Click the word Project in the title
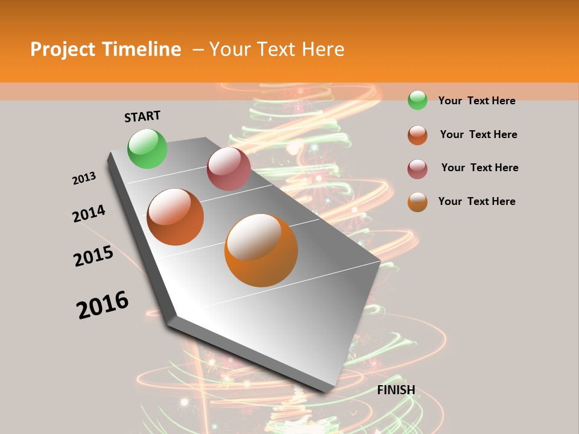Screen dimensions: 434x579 pos(63,50)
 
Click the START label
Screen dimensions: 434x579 pos(142,116)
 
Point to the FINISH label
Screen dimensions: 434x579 pos(396,390)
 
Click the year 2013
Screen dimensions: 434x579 pos(84,178)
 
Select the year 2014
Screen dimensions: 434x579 pos(89,213)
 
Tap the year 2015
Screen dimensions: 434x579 pos(93,256)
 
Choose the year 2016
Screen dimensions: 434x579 pos(103,305)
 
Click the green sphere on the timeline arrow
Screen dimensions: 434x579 pos(147,148)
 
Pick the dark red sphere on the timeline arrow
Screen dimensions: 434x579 pos(229,168)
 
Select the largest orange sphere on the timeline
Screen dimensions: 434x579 pos(261,250)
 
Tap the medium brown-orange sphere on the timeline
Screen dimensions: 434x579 pos(176,216)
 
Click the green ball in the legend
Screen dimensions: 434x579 pos(417,100)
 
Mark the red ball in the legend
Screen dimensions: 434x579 pos(417,169)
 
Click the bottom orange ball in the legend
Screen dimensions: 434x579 pos(417,202)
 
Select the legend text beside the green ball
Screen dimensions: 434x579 pos(476,101)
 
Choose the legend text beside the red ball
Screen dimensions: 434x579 pos(479,168)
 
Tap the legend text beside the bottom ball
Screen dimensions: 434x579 pos(476,201)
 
